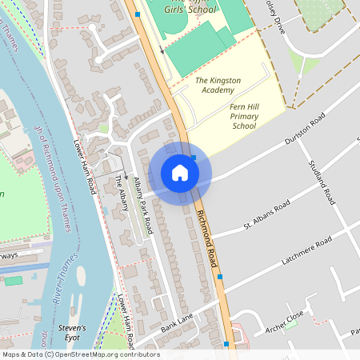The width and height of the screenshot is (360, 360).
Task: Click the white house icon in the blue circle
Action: coord(180,173)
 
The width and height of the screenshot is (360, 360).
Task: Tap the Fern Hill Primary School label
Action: coord(244,116)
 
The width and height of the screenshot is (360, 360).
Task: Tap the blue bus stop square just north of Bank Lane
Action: coord(220,277)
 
